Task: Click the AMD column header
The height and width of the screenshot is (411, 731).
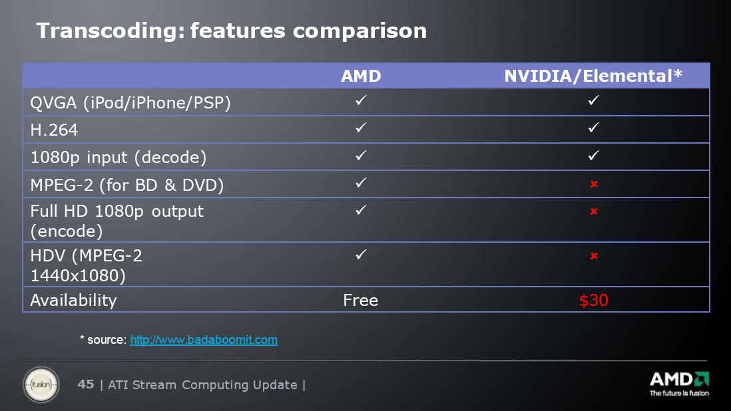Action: pos(361,76)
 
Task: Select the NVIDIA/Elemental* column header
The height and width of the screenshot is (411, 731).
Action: pos(593,76)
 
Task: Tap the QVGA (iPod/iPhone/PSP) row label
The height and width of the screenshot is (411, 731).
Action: pos(130,103)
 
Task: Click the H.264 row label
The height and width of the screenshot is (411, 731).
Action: pos(54,130)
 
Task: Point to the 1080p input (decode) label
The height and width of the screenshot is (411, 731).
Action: pos(119,158)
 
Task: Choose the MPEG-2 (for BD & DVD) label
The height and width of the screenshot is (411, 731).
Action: pos(126,186)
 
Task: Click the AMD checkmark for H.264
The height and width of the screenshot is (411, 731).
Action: pos(361,128)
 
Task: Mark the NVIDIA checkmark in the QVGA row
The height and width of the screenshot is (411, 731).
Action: pos(593,100)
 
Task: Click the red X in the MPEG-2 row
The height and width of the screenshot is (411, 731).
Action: pos(593,184)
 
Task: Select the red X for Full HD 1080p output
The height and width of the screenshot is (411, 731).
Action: pos(593,211)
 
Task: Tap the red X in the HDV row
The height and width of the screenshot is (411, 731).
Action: pos(593,255)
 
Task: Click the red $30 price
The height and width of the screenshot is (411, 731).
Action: pos(593,300)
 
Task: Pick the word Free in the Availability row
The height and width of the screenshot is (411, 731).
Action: pos(360,300)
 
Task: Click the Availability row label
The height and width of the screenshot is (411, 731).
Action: pos(74,301)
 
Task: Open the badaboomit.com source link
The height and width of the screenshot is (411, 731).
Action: pos(204,340)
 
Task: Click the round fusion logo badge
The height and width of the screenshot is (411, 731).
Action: pos(41,385)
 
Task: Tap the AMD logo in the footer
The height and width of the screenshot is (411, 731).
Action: pos(679,384)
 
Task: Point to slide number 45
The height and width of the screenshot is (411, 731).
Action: pos(86,384)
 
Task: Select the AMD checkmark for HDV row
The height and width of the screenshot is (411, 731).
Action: pos(361,255)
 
